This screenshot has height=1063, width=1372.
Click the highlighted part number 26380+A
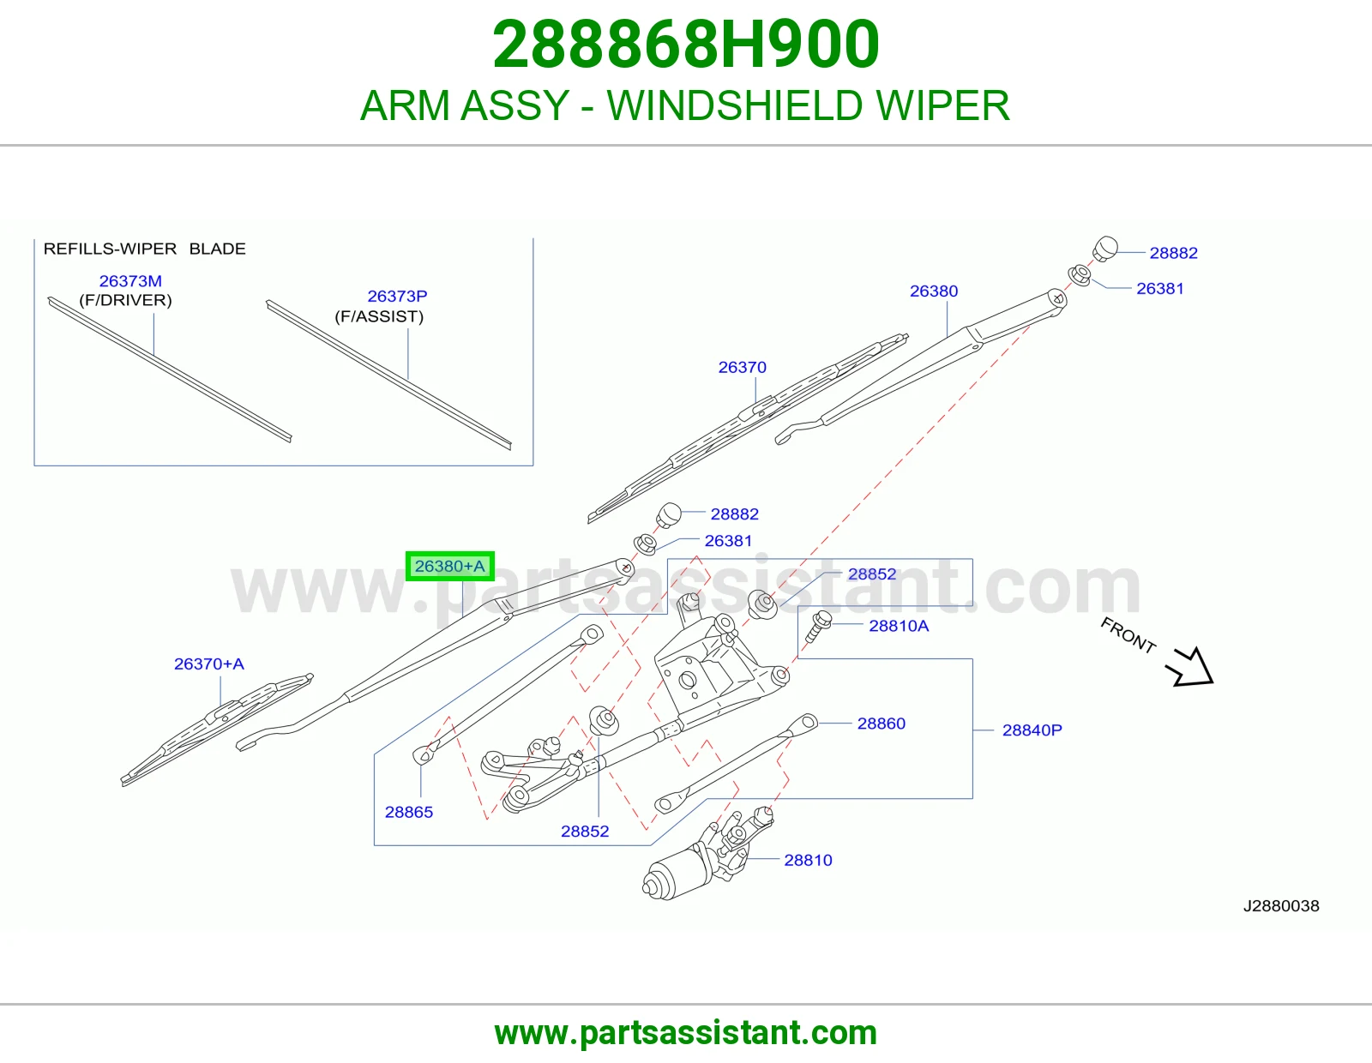449,566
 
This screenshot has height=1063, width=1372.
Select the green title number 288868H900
686,45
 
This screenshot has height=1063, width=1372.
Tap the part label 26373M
130,281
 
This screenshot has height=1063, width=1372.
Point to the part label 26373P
397,296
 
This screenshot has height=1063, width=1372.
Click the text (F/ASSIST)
379,316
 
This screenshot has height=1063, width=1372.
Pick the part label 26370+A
209,664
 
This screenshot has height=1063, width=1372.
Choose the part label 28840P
1032,730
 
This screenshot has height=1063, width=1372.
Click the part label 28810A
899,626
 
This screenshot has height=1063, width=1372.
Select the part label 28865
409,813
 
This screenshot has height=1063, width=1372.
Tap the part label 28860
882,724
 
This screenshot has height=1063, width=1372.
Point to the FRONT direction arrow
1191,668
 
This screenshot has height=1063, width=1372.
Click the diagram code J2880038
1281,906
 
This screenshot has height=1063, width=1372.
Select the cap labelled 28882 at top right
1105,249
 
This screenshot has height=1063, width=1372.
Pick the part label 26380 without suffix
934,291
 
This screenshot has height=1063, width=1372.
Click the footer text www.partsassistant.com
686,1033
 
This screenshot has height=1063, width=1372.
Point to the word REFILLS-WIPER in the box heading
110,249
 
